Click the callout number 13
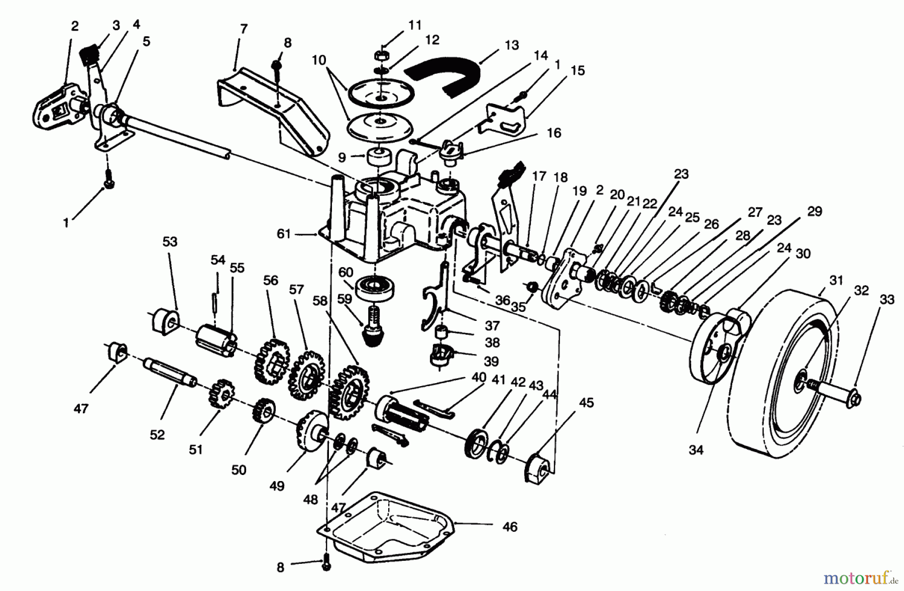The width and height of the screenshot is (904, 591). [x=511, y=45]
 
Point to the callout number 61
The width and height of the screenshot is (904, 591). [x=284, y=234]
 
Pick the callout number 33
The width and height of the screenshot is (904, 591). [x=887, y=300]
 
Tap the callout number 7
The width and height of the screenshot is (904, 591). [x=244, y=29]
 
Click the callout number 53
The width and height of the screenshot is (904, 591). [x=170, y=242]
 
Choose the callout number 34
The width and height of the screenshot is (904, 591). [x=696, y=450]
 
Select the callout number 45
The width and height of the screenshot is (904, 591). [x=586, y=403]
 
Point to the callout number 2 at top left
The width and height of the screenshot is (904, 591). [x=75, y=27]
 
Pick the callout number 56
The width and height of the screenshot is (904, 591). [x=270, y=280]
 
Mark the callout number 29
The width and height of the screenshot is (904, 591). [x=814, y=211]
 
